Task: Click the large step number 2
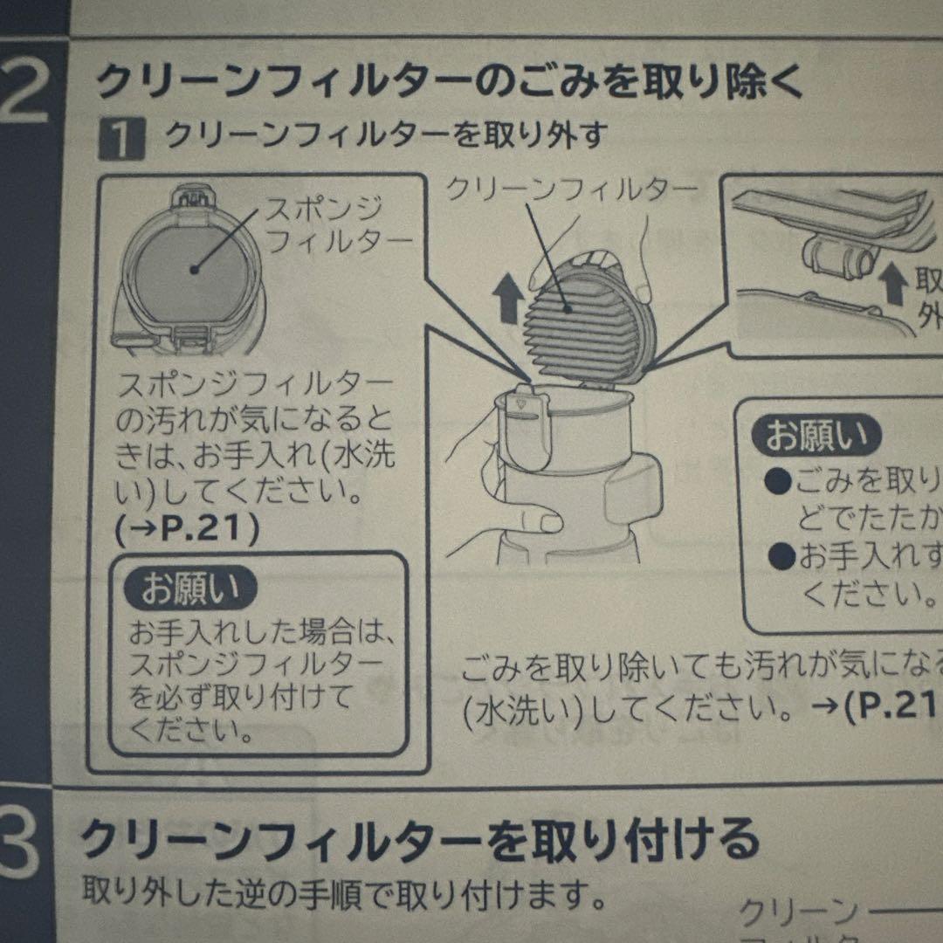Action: tap(26, 87)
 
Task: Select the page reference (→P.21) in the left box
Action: tap(187, 531)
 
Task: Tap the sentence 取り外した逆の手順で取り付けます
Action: tap(344, 892)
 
